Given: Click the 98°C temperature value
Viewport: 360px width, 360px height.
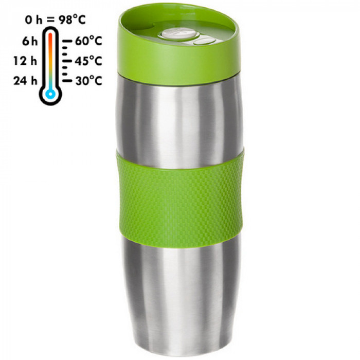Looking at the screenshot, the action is click(72, 20).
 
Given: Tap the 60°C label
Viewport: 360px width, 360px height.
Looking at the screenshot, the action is click(88, 41).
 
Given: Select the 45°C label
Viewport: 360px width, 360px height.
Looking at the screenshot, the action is click(88, 61).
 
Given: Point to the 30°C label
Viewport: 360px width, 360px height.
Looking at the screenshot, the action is click(88, 81).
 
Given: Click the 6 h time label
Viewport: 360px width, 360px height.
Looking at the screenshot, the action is click(30, 41).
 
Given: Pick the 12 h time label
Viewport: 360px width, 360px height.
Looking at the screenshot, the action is click(25, 61).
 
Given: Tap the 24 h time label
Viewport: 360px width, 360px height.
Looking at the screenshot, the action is click(25, 81).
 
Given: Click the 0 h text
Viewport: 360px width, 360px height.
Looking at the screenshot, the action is click(34, 20).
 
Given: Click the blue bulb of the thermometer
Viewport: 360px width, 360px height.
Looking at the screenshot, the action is click(50, 94).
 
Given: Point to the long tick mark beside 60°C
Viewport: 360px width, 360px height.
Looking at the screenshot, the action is click(67, 41).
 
